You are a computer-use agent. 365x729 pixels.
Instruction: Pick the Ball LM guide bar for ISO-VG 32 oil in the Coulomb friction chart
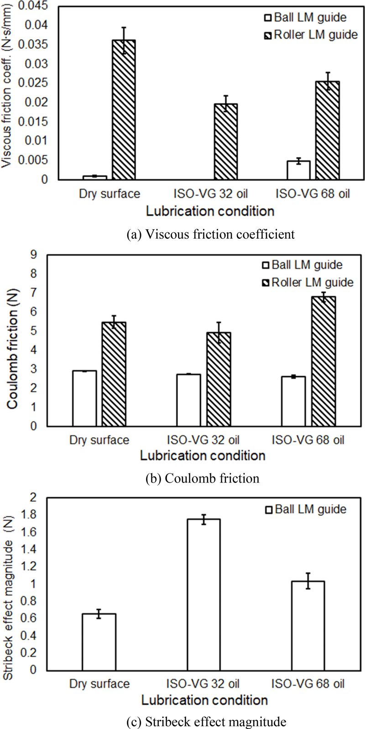pos(188,400)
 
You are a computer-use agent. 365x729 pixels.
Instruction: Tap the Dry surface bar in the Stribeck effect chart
pos(99,642)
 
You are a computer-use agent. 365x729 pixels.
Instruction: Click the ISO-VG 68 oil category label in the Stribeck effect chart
pos(308,684)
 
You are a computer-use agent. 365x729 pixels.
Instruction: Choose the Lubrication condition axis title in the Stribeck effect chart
pos(204,700)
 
